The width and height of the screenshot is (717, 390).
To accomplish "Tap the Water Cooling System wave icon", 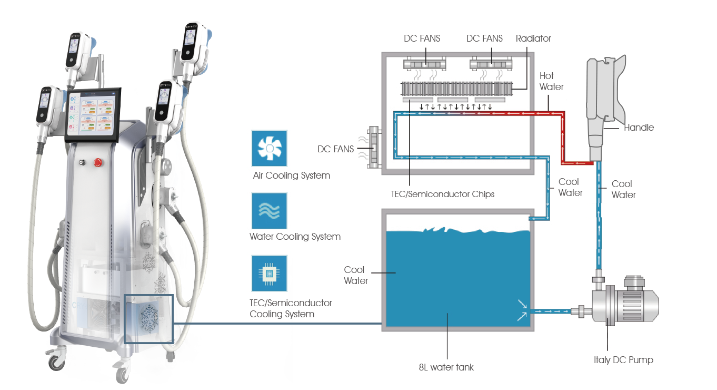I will [x=270, y=211].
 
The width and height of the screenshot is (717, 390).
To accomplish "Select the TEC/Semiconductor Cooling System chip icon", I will [x=270, y=273].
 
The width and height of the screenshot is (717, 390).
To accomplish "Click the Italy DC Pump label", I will [x=623, y=360].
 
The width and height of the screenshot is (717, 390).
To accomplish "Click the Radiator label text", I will [x=533, y=38].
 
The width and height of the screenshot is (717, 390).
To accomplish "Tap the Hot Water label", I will [x=551, y=81].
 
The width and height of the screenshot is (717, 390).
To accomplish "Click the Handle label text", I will [x=639, y=128].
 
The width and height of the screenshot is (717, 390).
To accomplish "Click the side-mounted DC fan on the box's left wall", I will [x=374, y=147].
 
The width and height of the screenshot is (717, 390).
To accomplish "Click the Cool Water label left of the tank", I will [x=355, y=275].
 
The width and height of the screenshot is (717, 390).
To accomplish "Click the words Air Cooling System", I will [x=291, y=175].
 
